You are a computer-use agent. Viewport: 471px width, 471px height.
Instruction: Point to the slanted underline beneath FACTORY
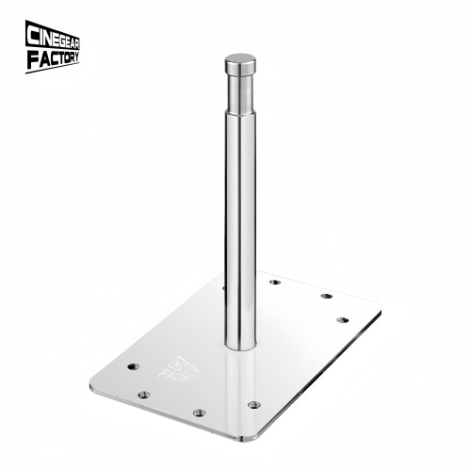tap(53, 68)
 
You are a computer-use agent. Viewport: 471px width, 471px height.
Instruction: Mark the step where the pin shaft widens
tap(239, 111)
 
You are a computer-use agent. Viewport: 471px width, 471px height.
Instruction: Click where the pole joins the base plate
tap(239, 344)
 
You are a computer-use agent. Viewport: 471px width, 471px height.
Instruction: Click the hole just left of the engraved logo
tap(131, 363)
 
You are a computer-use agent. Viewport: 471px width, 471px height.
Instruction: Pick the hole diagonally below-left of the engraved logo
tap(143, 394)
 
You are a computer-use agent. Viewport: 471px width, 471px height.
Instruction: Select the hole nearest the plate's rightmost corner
tap(343, 320)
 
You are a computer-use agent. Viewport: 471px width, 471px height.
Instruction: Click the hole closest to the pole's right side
tap(274, 282)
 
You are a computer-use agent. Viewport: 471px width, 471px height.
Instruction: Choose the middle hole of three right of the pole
tap(326, 296)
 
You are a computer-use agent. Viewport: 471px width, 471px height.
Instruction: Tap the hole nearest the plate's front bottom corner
tap(253, 404)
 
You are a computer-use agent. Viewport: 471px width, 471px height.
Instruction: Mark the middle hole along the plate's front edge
tap(199, 412)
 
